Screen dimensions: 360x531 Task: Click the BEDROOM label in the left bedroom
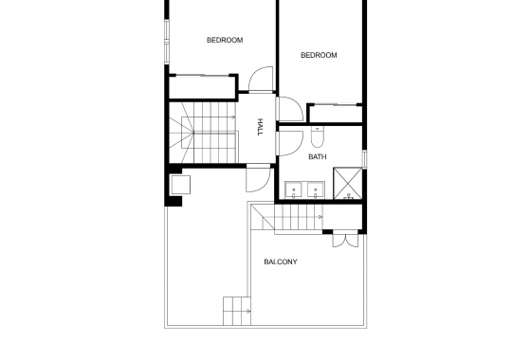pos(225,40)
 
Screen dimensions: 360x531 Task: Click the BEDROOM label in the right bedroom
pos(319,55)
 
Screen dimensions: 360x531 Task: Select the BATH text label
pos(317,156)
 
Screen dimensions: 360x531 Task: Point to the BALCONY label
pos(280,261)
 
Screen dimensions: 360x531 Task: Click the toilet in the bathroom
pos(318,133)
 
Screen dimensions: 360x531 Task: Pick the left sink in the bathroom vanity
pos(294,189)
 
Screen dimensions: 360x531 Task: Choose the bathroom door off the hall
pos(284,142)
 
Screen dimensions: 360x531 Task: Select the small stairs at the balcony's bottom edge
pos(237,310)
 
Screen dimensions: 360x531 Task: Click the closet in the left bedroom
pos(201,86)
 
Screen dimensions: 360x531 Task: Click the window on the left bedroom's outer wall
pos(168,44)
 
